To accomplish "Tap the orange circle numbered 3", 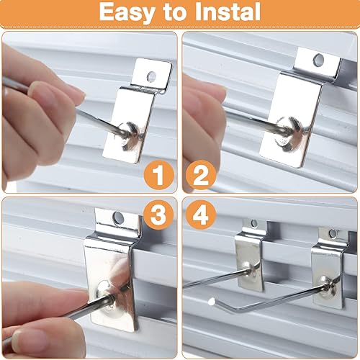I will pos(157,215).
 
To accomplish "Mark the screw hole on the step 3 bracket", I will pos(118,216).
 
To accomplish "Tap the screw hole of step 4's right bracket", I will pos(332,233).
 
